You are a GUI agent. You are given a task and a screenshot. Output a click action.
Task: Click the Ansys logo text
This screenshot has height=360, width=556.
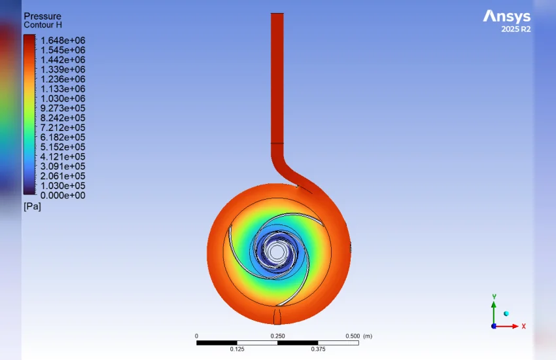pos(507,16)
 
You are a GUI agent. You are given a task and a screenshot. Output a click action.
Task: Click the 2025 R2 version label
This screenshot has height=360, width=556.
pos(516,29)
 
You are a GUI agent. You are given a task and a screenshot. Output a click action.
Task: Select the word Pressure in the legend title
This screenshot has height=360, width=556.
pos(43,16)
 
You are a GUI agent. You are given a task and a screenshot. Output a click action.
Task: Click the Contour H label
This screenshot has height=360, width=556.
pos(43,25)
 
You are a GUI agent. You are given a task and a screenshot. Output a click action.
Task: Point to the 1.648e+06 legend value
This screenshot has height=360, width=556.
pos(63,41)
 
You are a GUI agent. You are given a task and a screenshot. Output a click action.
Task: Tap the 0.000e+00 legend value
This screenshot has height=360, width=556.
pos(63,196)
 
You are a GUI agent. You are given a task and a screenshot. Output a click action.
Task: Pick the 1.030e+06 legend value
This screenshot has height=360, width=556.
pos(63,99)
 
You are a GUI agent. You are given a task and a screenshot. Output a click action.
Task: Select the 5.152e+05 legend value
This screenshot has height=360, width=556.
pos(63,147)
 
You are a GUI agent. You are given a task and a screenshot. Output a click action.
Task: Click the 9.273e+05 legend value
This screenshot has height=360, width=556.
pos(63,108)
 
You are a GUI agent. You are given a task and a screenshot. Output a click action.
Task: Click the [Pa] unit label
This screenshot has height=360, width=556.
pos(32,206)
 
